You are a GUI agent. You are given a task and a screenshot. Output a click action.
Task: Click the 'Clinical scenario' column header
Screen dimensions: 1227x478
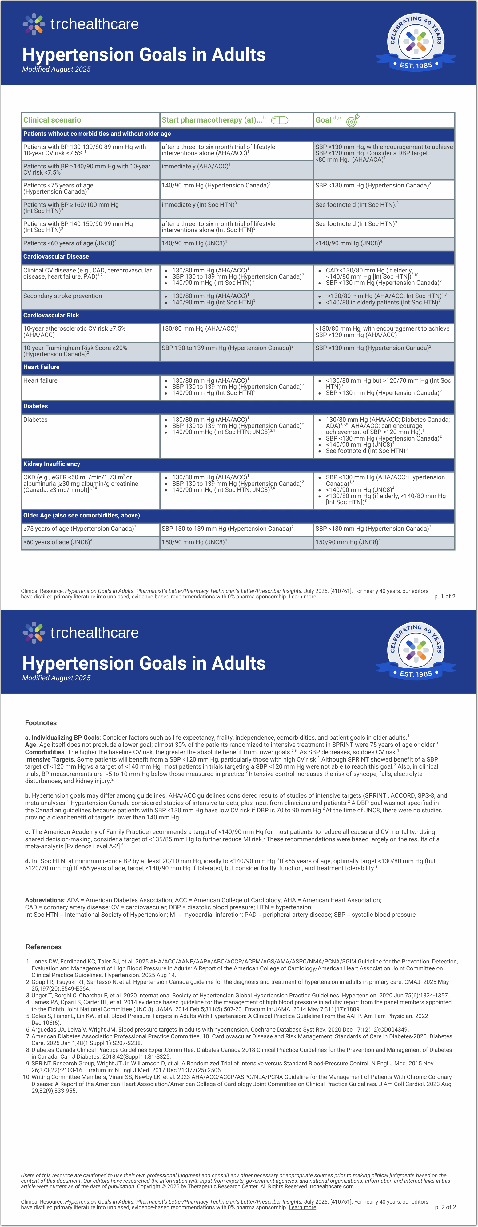(52, 120)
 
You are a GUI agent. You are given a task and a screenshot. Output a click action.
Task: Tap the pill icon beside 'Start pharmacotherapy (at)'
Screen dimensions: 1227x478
(280, 120)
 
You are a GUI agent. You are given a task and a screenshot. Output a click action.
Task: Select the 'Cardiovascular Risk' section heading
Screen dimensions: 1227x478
(51, 315)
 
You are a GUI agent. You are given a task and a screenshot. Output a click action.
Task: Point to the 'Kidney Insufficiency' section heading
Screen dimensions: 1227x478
(51, 464)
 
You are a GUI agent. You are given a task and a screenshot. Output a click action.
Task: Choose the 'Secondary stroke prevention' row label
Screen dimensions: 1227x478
(62, 296)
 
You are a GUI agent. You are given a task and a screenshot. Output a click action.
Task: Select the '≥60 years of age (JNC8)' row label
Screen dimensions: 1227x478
(58, 542)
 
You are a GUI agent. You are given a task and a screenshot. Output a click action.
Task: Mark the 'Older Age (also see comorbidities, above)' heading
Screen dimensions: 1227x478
(82, 515)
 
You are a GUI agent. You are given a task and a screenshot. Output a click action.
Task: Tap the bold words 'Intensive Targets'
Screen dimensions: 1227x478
(50, 759)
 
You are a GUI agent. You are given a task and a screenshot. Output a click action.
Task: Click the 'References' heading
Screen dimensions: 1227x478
(43, 947)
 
